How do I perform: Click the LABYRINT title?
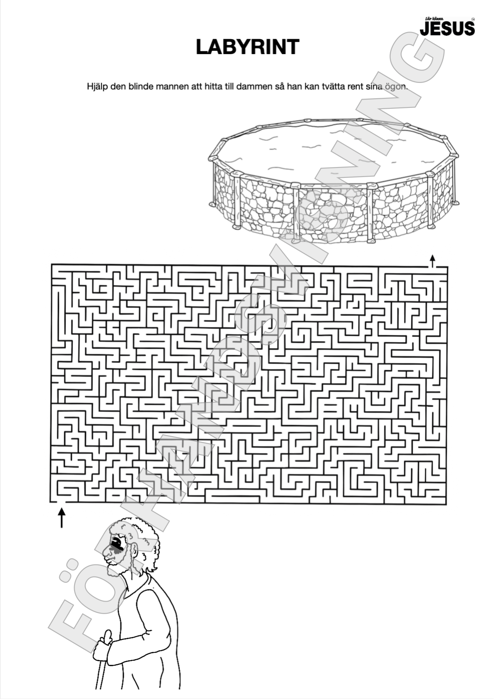247,47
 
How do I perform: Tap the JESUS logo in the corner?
447,27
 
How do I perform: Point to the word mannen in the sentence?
171,87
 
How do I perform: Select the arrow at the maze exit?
432,261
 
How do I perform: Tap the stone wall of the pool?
331,210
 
